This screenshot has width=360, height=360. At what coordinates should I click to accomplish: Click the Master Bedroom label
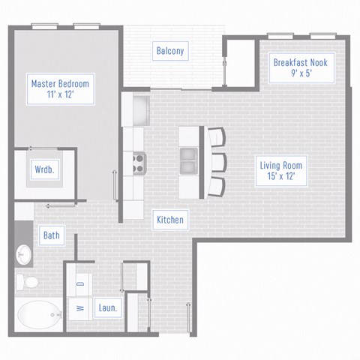pyautogui.click(x=59, y=83)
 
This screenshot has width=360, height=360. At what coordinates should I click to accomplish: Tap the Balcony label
pyautogui.click(x=170, y=51)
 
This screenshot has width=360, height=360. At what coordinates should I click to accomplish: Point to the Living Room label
pyautogui.click(x=277, y=165)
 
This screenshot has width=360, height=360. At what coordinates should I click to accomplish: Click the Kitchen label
pyautogui.click(x=170, y=220)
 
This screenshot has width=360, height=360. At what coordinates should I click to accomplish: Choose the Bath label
pyautogui.click(x=51, y=235)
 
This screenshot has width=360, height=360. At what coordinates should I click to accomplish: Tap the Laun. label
pyautogui.click(x=107, y=307)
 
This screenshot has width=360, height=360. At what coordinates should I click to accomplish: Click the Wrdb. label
pyautogui.click(x=43, y=169)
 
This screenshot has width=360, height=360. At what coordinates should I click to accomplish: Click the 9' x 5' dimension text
pyautogui.click(x=299, y=73)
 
